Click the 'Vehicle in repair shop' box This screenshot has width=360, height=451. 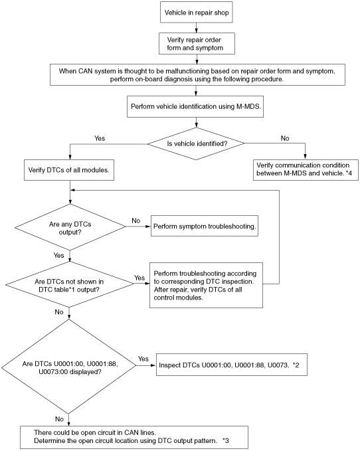pyautogui.click(x=196, y=12)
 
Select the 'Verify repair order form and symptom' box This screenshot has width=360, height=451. pyautogui.click(x=197, y=43)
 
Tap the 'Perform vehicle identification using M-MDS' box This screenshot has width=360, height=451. pyautogui.click(x=195, y=106)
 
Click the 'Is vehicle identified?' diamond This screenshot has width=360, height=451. pyautogui.click(x=196, y=143)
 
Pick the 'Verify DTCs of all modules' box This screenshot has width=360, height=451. pyautogui.click(x=69, y=170)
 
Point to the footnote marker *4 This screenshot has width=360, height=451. pyautogui.click(x=349, y=173)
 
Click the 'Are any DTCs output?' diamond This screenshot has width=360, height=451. pyautogui.click(x=70, y=227)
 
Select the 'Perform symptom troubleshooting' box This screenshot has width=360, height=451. pyautogui.click(x=205, y=226)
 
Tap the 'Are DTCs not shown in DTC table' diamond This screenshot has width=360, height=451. pyautogui.click(x=70, y=285)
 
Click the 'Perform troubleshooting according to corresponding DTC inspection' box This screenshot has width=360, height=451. pyautogui.click(x=206, y=285)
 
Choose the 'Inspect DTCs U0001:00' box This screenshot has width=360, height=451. pyautogui.click(x=232, y=365)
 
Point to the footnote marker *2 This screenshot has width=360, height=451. pyautogui.click(x=296, y=365)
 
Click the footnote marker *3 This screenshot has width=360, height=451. pyautogui.click(x=225, y=440)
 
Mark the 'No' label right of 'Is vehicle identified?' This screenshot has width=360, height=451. pyautogui.click(x=285, y=138)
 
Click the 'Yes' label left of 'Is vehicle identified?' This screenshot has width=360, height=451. pyautogui.click(x=100, y=138)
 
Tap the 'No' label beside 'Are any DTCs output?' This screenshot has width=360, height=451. pyautogui.click(x=135, y=221)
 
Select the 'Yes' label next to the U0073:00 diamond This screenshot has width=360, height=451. pyautogui.click(x=143, y=359)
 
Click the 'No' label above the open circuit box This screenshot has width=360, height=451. pyautogui.click(x=59, y=419)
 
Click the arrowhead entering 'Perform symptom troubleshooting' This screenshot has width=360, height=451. pyautogui.click(x=148, y=226)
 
